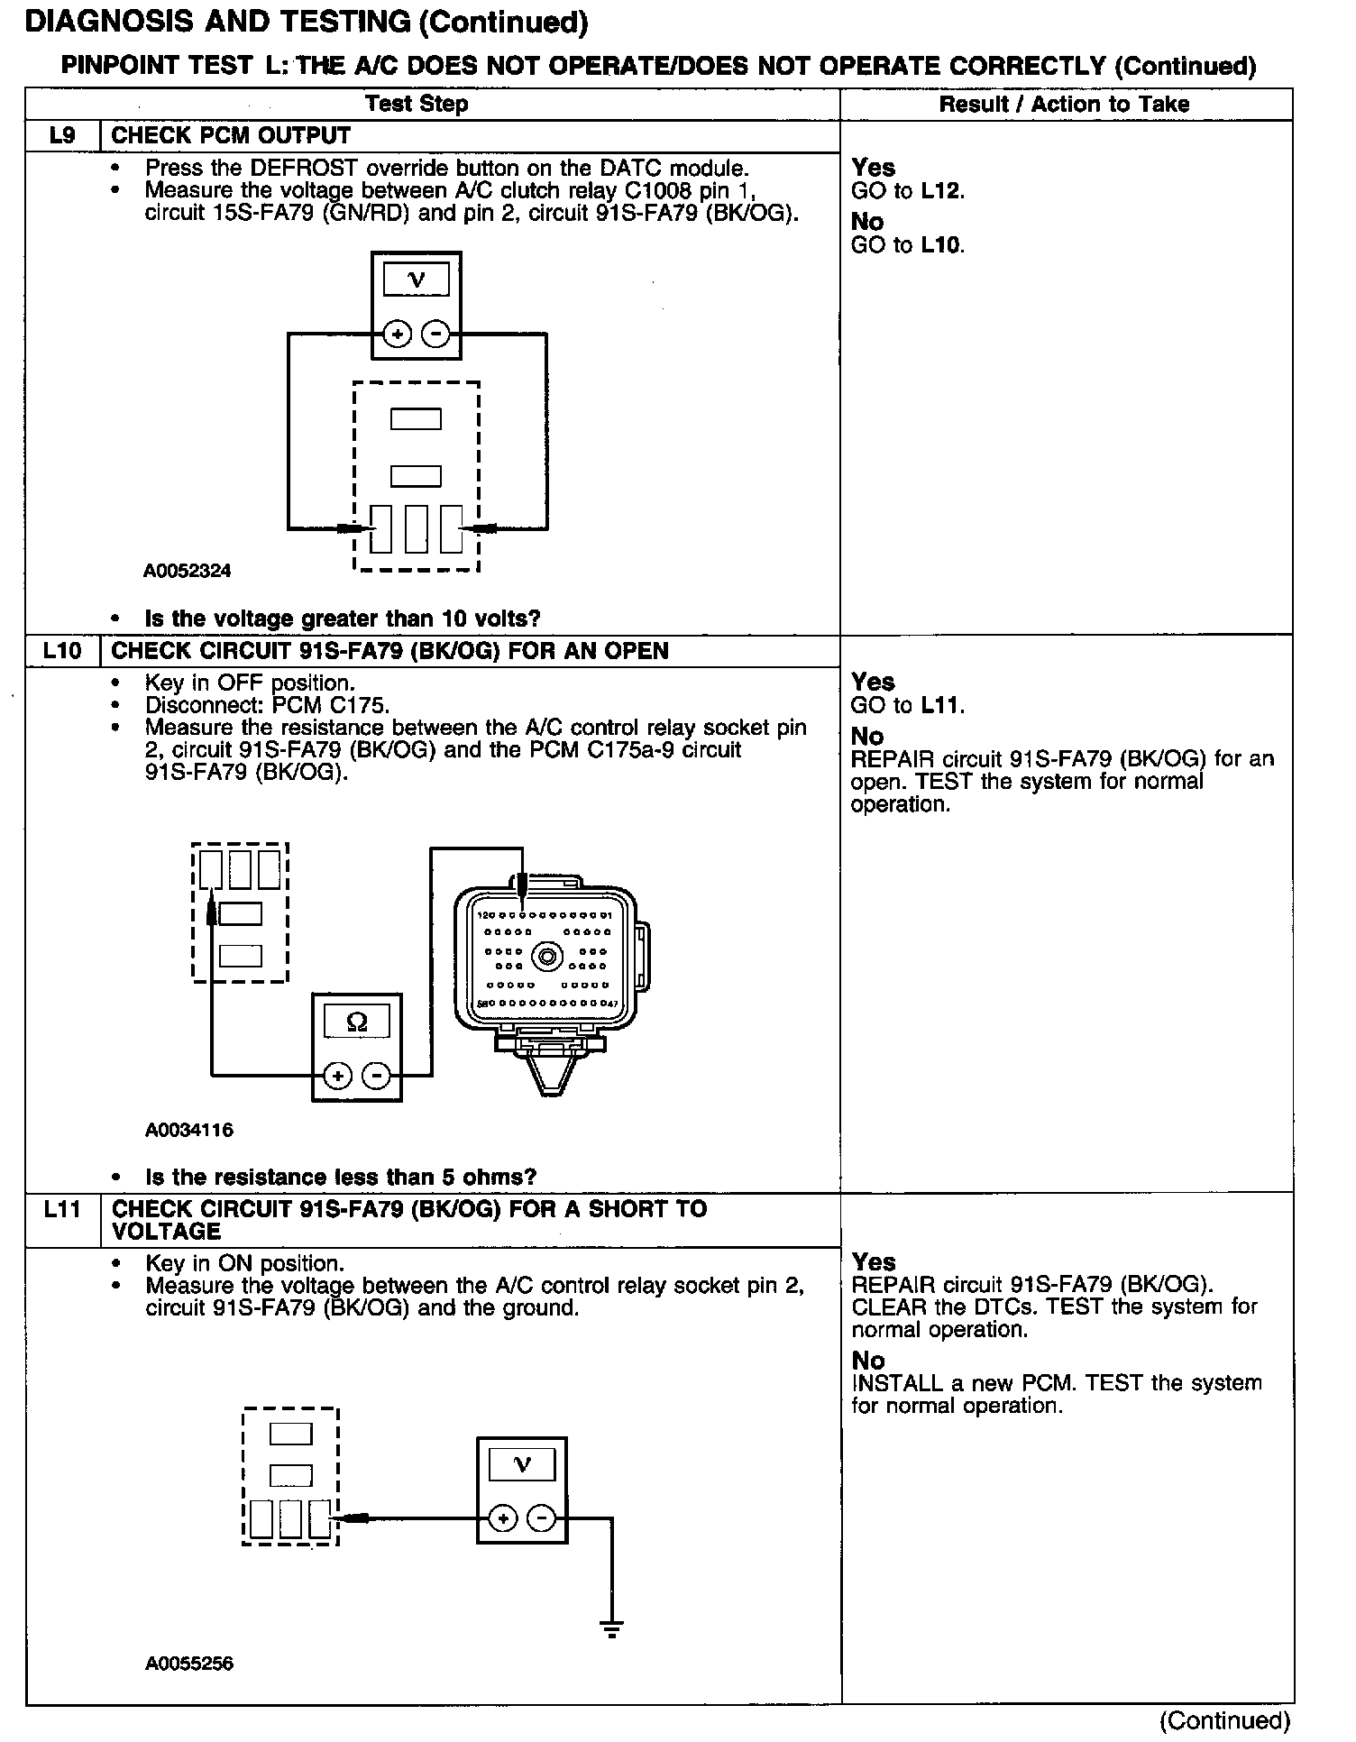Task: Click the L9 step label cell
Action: point(62,136)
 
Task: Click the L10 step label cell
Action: point(62,651)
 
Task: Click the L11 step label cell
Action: point(62,1210)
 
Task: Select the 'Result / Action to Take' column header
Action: point(1064,105)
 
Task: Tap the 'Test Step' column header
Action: point(417,104)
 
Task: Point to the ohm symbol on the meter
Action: point(357,1022)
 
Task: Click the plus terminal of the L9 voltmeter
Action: point(398,335)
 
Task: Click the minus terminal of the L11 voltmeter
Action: point(541,1519)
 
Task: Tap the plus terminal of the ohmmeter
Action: point(337,1076)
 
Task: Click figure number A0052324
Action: point(188,571)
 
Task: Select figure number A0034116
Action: point(188,1130)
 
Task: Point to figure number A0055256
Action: point(188,1664)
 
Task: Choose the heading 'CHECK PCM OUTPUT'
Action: point(231,136)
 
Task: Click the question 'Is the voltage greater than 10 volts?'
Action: point(343,619)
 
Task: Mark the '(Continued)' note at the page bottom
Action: point(1225,1720)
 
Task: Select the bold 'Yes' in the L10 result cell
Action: point(873,682)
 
